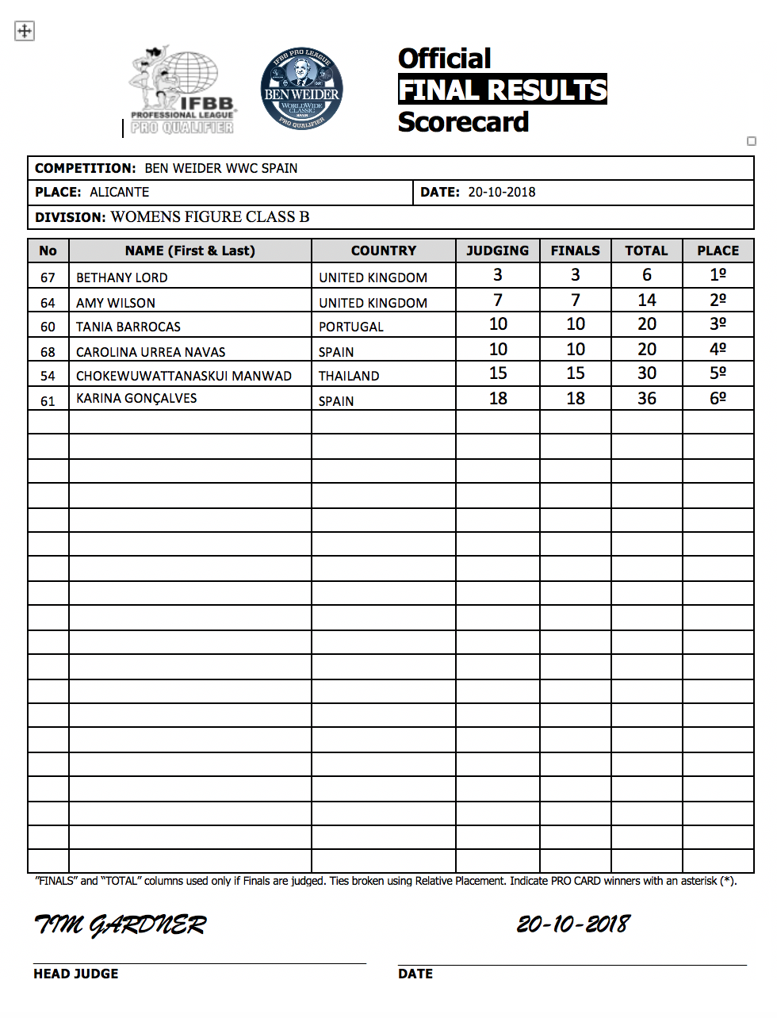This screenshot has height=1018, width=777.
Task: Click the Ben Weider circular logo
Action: pos(301,89)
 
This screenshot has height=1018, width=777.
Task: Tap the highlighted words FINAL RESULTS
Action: pos(503,90)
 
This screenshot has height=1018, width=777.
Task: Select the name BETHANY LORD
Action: pos(122,277)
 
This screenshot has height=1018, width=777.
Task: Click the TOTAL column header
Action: pos(646,251)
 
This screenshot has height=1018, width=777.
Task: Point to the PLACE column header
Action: pos(718,251)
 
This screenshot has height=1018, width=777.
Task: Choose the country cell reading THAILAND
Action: pos(349,376)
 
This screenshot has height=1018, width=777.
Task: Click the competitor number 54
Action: pos(48,376)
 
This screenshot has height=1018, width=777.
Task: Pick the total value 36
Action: pos(647,399)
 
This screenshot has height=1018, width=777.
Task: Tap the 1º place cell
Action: pos(718,275)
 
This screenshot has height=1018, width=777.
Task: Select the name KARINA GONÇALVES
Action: pos(136,398)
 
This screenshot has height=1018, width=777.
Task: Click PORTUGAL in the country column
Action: pos(351,327)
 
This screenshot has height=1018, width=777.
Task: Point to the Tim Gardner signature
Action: pos(120,924)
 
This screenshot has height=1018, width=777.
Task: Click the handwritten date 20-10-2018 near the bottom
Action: pos(573,924)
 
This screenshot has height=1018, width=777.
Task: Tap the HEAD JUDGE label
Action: pos(76,974)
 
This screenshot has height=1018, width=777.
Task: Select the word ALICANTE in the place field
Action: pos(120,192)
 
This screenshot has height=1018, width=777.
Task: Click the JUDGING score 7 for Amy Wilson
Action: pos(498,300)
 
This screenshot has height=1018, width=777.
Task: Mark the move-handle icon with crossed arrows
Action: pos(25,31)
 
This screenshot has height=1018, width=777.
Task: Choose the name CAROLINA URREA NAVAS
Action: pos(151,352)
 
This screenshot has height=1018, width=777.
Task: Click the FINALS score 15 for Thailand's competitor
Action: pos(576,373)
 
